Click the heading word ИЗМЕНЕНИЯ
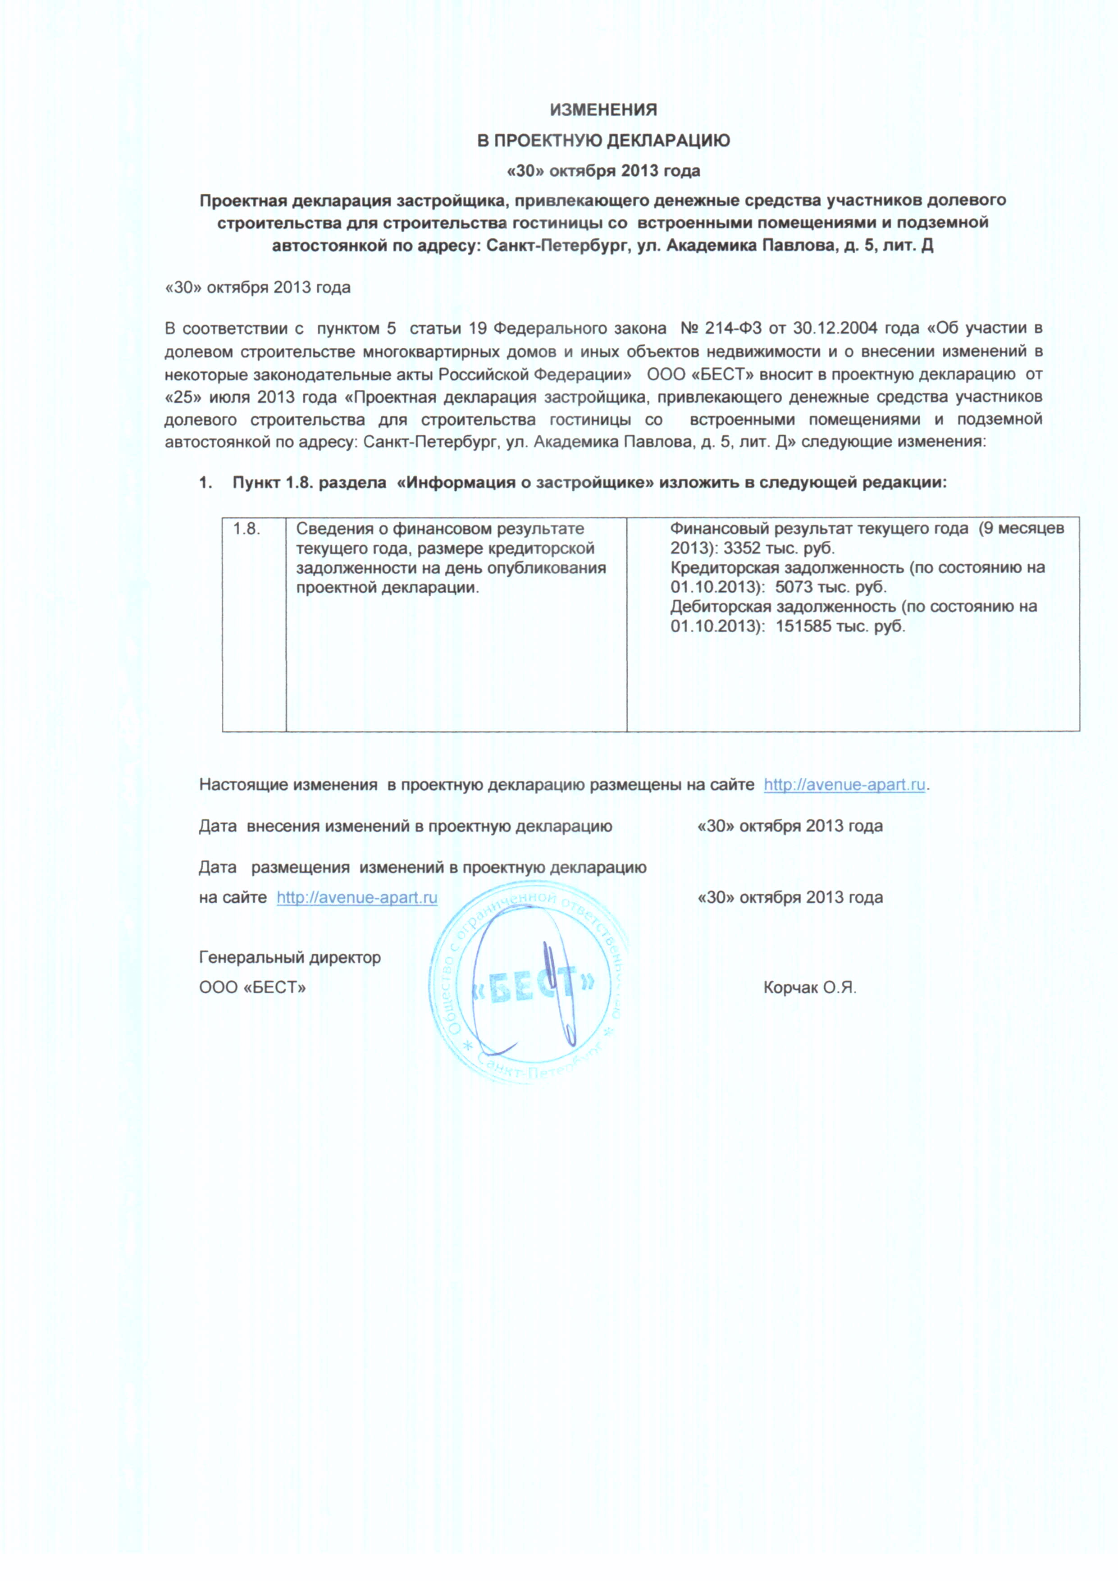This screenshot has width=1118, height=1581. point(603,110)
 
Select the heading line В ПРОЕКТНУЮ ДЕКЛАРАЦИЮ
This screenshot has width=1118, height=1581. point(603,141)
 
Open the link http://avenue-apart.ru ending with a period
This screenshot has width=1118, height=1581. point(844,785)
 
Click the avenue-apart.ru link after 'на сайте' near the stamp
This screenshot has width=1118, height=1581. point(356,898)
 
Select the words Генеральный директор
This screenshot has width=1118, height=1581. point(290,958)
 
